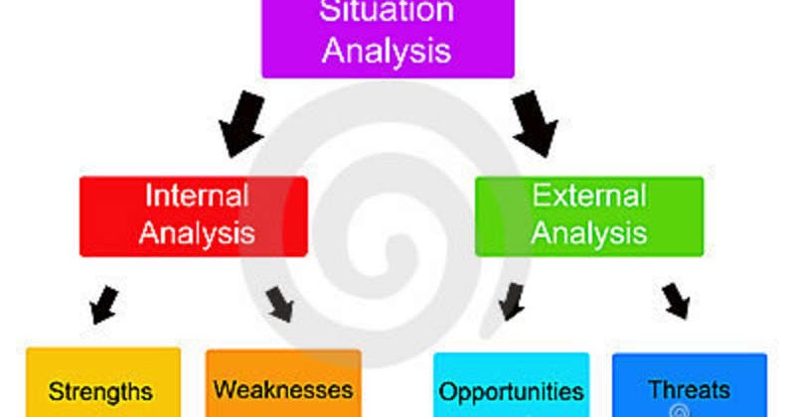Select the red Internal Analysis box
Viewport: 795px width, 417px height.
point(194,215)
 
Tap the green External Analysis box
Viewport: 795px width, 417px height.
point(589,215)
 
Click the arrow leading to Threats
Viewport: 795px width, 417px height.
point(676,301)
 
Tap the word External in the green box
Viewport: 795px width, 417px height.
point(589,195)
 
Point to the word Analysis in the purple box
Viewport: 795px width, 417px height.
point(387,50)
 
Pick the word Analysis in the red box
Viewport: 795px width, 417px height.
point(197,233)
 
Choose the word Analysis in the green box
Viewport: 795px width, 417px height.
point(589,233)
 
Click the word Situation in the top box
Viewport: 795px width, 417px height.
point(387,12)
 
